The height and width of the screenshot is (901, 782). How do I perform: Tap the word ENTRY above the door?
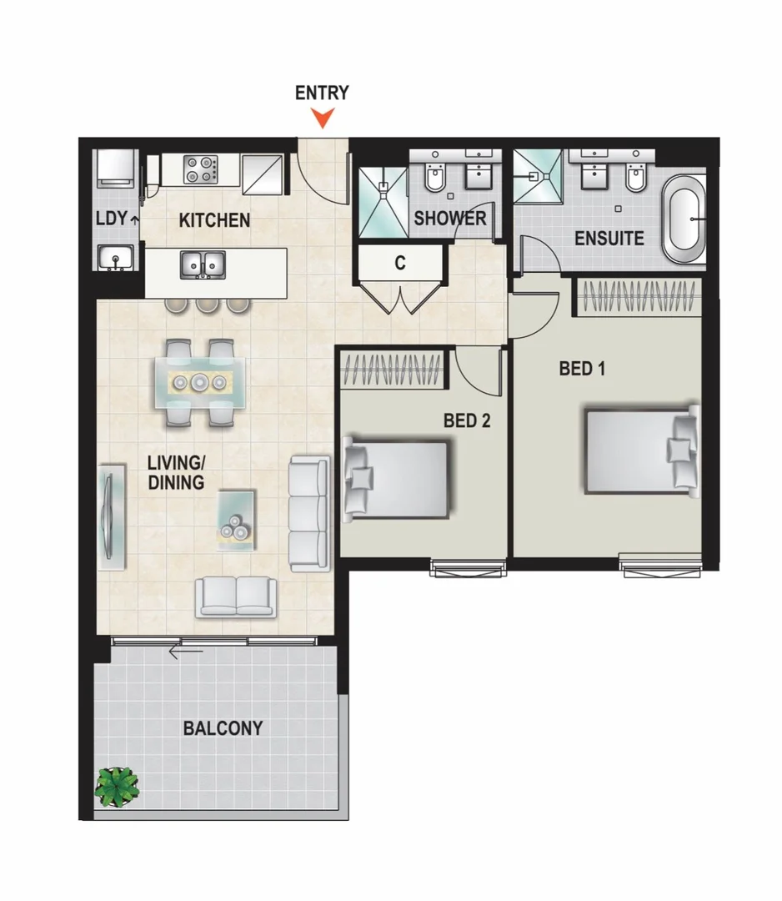[x=322, y=93]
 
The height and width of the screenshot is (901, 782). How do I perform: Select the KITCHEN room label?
[x=214, y=221]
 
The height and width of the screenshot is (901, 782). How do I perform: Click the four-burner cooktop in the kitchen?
[x=200, y=169]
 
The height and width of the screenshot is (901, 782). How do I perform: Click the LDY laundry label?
[x=111, y=219]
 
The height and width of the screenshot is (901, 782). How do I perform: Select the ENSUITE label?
[x=609, y=239]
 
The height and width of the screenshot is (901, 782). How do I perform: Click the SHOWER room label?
[x=450, y=219]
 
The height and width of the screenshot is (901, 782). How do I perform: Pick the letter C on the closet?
[x=400, y=264]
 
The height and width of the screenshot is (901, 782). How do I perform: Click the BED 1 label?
[x=582, y=368]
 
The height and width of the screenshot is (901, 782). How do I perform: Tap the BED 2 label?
[x=466, y=420]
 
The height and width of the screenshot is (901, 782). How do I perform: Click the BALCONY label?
[x=223, y=728]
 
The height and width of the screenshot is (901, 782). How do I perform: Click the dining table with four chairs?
[x=198, y=383]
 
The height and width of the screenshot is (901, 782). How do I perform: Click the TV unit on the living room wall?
[x=110, y=518]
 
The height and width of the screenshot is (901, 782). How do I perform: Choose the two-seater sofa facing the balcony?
[x=236, y=596]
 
